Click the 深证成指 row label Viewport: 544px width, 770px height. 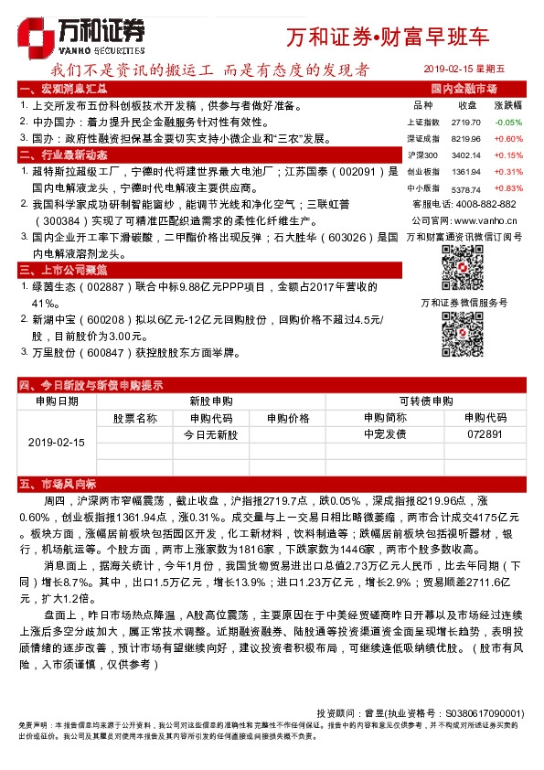421,138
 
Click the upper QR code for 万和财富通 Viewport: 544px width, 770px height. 462,265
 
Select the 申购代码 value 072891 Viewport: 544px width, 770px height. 485,434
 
